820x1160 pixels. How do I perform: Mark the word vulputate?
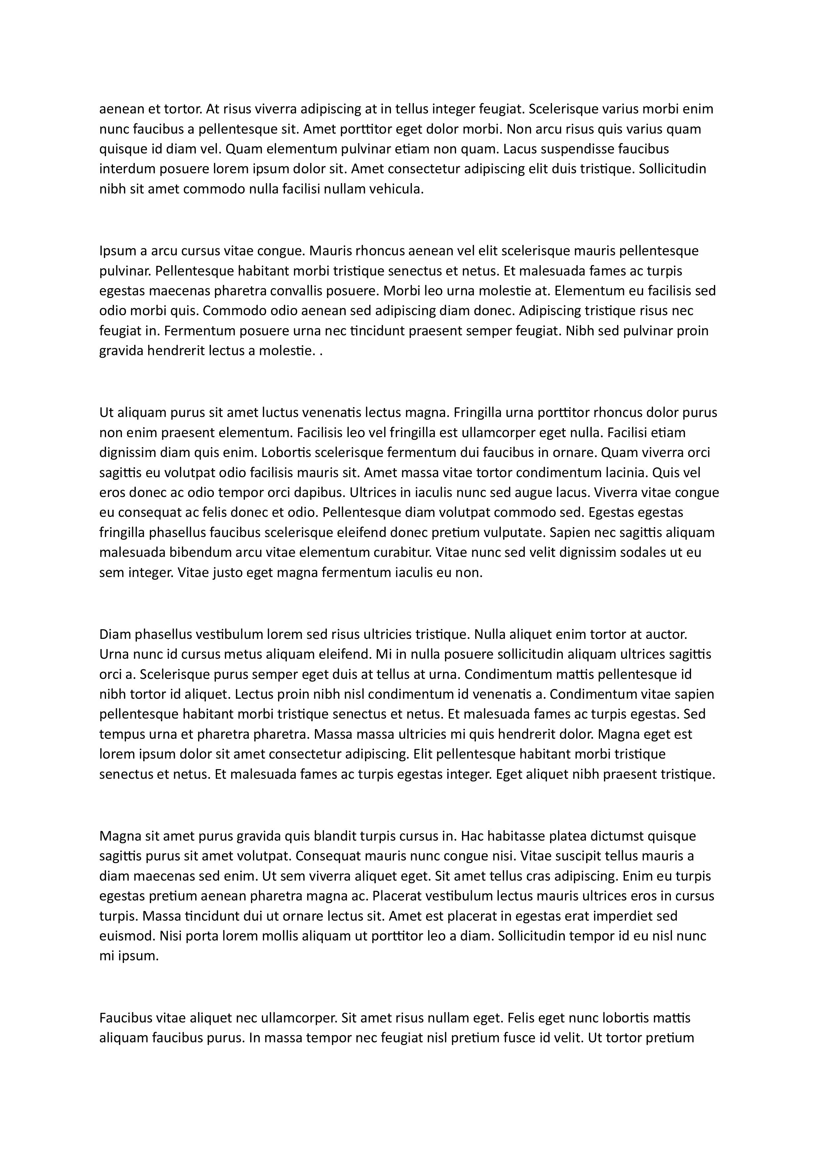tap(514, 532)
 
